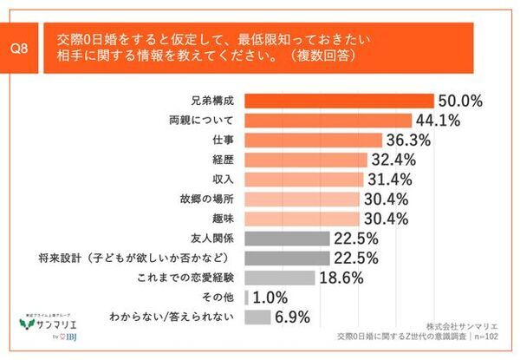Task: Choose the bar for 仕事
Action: [313, 140]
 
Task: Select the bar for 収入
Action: [304, 179]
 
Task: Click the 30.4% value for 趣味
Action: [391, 219]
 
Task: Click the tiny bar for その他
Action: [247, 298]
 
